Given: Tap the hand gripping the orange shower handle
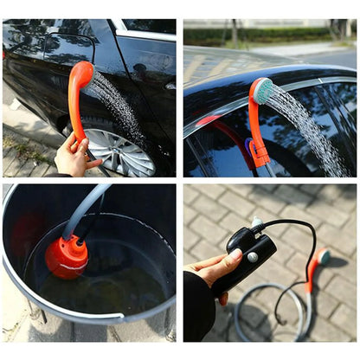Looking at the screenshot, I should (x=74, y=157).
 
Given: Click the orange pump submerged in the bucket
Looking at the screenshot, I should (x=67, y=258).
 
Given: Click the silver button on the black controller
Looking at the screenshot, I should (x=252, y=256).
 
